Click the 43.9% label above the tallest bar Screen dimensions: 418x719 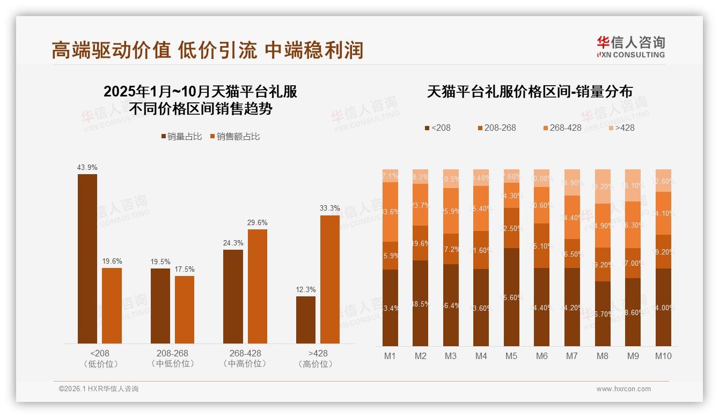click(x=87, y=168)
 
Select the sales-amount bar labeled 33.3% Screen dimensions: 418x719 click(x=330, y=279)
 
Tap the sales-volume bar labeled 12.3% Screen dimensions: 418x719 click(x=306, y=320)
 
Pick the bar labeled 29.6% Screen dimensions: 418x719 click(x=257, y=286)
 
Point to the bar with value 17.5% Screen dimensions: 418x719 click(x=185, y=310)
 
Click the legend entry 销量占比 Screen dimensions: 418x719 click(x=181, y=137)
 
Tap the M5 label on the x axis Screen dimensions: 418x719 click(x=511, y=356)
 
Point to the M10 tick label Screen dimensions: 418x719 click(x=663, y=356)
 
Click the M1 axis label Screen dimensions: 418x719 click(x=390, y=356)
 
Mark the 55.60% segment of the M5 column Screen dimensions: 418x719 click(x=511, y=297)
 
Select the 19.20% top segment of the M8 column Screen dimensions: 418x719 click(x=603, y=186)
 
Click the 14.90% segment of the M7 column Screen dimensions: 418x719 click(x=573, y=183)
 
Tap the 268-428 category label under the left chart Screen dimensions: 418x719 click(x=245, y=359)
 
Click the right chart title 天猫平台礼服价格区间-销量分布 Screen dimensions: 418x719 click(x=529, y=92)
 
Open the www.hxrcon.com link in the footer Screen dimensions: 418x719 click(x=623, y=389)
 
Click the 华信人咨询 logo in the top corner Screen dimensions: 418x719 click(x=630, y=47)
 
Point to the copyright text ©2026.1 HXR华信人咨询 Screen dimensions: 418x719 click(x=98, y=389)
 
